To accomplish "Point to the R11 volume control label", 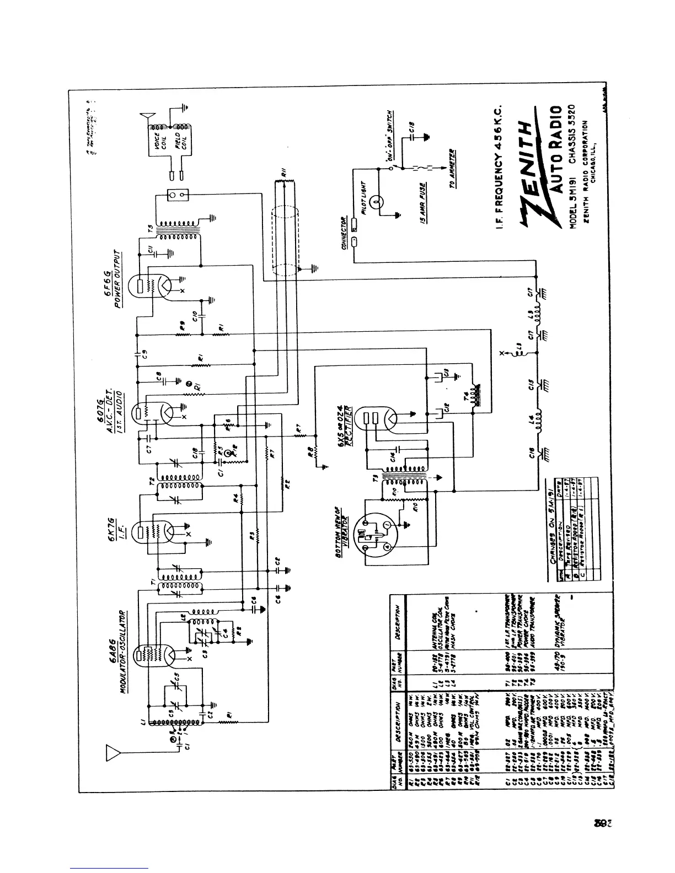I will tap(283, 174).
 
